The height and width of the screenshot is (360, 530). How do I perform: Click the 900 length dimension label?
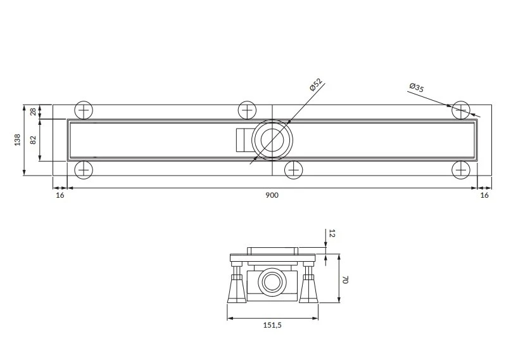272,195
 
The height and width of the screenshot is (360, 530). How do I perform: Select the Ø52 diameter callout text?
316,84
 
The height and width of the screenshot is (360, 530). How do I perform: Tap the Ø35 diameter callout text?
417,87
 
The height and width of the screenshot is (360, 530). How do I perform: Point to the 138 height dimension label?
17,139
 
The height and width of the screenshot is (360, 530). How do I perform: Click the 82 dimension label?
33,139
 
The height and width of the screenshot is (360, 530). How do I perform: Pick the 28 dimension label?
33,112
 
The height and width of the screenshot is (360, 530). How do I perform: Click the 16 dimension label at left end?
60,195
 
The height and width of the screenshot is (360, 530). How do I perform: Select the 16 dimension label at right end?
484,195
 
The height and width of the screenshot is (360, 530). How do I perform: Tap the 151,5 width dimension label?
272,325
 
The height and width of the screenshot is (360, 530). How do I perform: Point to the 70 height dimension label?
345,280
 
